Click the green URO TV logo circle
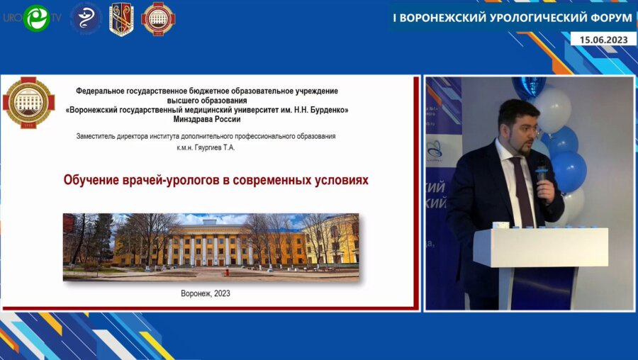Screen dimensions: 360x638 [x=35, y=18]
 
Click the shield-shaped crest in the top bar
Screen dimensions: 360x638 [x=121, y=19]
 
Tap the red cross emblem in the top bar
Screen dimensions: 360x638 [x=158, y=19]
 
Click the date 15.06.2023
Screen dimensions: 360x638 [x=604, y=40]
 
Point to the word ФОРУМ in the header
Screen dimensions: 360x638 [x=606, y=17]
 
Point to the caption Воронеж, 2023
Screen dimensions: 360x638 [x=206, y=293]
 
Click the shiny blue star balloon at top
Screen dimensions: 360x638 [x=529, y=86]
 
